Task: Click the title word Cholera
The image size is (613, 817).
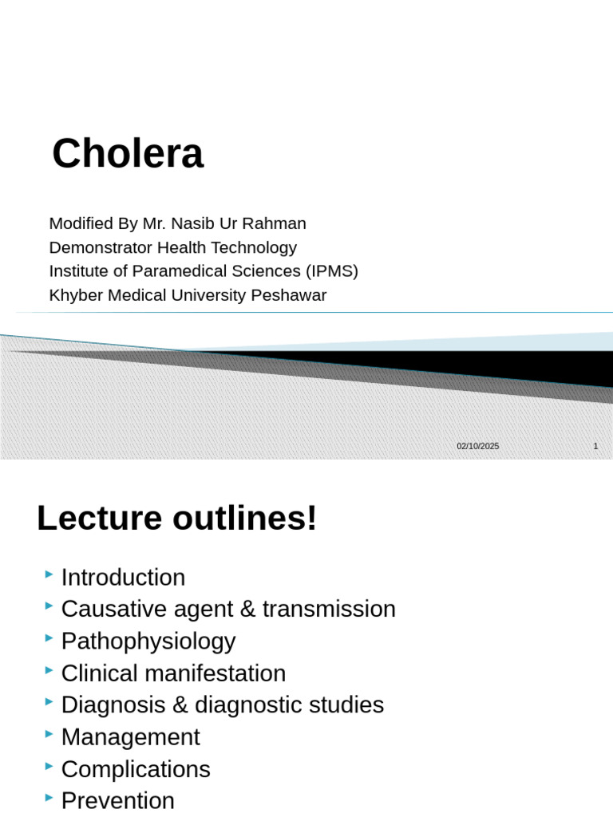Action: pos(128,154)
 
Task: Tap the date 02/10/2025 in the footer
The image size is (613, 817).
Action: pos(478,446)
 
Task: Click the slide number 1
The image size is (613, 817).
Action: pos(595,446)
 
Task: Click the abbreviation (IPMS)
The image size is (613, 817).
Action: pos(328,271)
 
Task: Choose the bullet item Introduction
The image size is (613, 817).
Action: pos(123,578)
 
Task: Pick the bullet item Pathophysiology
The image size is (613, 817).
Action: pos(148,641)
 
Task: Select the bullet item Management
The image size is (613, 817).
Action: pos(131,737)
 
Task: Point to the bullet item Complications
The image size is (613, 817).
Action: pos(136,769)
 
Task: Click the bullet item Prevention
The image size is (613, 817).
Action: pos(118,800)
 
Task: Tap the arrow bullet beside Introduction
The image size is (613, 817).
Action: pos(49,574)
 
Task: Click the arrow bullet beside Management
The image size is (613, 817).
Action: pos(49,734)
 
